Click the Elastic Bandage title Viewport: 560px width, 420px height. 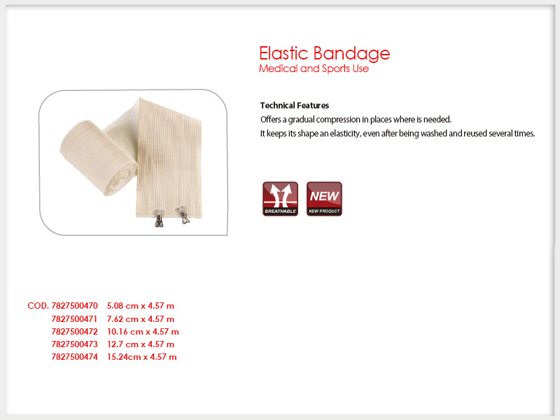click(324, 55)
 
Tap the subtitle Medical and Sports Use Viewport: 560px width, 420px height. click(314, 69)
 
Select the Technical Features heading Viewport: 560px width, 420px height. click(294, 106)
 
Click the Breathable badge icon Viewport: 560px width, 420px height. click(281, 199)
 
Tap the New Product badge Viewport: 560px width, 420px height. click(324, 199)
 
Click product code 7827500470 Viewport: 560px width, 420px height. click(74, 306)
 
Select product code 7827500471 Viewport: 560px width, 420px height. click(74, 318)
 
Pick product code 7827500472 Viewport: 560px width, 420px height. click(74, 331)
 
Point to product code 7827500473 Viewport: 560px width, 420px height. click(74, 344)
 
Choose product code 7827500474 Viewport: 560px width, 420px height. click(74, 357)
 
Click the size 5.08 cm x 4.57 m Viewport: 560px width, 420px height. click(141, 306)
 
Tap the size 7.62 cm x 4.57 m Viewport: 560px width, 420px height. click(141, 318)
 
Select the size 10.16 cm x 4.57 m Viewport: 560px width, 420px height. click(143, 331)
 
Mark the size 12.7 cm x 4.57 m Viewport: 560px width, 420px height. click(141, 344)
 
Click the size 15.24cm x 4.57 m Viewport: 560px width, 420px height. click(142, 357)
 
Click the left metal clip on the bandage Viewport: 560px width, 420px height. click(159, 218)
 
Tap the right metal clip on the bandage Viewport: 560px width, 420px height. click(183, 215)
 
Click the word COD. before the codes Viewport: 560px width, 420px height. click(38, 306)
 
